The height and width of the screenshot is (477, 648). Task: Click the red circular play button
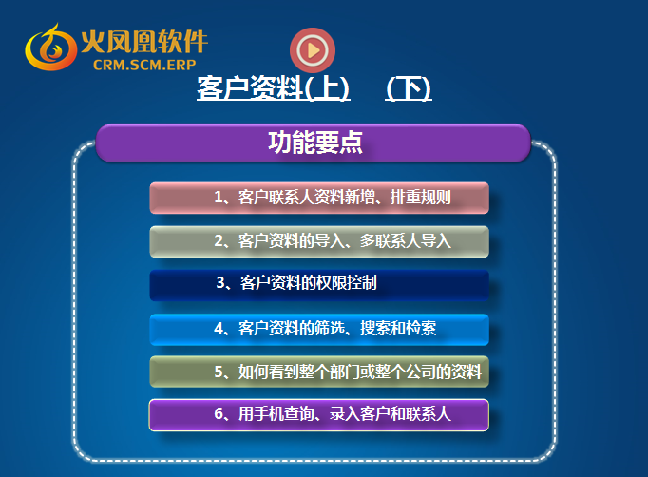[x=313, y=50]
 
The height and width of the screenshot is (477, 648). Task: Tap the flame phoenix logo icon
[x=50, y=48]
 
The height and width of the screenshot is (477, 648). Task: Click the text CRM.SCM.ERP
[x=144, y=65]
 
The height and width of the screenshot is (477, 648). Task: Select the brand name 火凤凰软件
[x=144, y=42]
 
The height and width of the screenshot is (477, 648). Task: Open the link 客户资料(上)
[x=274, y=88]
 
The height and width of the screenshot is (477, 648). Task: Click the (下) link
[x=409, y=88]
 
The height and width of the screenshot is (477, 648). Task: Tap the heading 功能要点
[x=315, y=143]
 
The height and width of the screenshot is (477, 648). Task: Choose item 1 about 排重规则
[x=319, y=198]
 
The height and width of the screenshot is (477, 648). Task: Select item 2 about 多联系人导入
[x=319, y=241]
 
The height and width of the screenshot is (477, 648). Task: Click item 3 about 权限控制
[x=319, y=285]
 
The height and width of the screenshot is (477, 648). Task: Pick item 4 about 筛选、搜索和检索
[x=319, y=330]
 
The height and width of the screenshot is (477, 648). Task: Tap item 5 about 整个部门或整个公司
[x=319, y=372]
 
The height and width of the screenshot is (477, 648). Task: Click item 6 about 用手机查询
[x=319, y=415]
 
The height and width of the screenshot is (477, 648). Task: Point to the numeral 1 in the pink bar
[x=218, y=197]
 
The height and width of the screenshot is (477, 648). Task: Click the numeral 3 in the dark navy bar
[x=220, y=283]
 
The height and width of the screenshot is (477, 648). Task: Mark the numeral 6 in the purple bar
[x=219, y=413]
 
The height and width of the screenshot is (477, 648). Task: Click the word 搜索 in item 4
[x=375, y=329]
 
